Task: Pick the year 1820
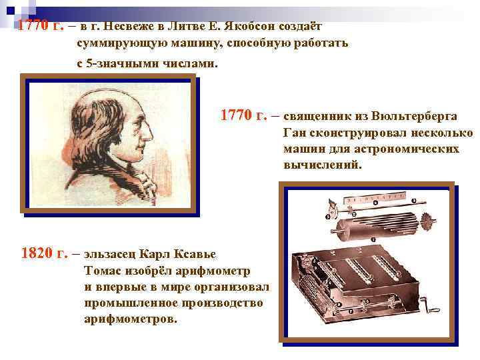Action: [38, 253]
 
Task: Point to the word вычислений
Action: [321, 164]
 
